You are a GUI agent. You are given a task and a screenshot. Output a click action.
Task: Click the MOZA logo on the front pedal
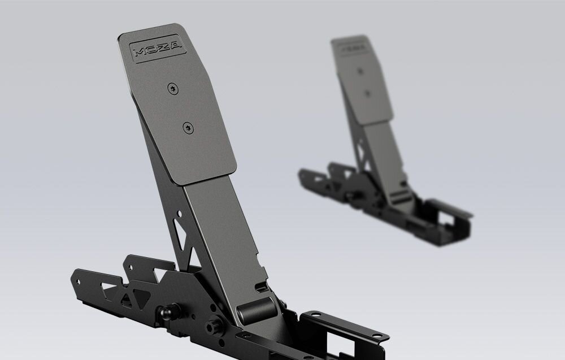tap(158, 50)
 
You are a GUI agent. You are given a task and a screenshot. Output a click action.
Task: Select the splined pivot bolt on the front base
tap(215, 327)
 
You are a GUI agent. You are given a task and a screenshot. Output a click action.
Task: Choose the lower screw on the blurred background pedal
tap(369, 93)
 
